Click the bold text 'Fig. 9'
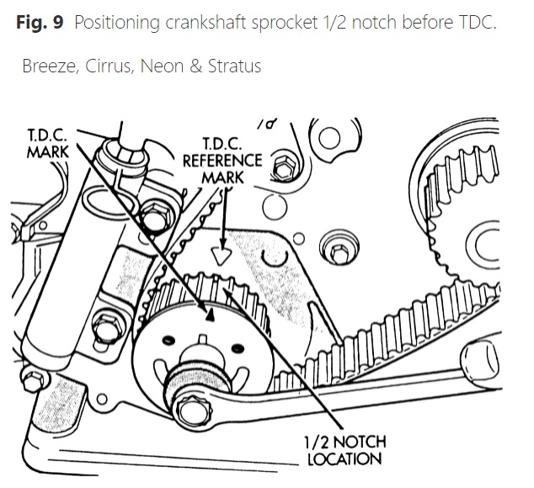click(x=40, y=22)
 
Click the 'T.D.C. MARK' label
click(x=49, y=144)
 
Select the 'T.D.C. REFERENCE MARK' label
click(x=222, y=160)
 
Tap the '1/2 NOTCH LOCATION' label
click(x=344, y=450)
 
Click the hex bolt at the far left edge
click(x=33, y=375)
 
